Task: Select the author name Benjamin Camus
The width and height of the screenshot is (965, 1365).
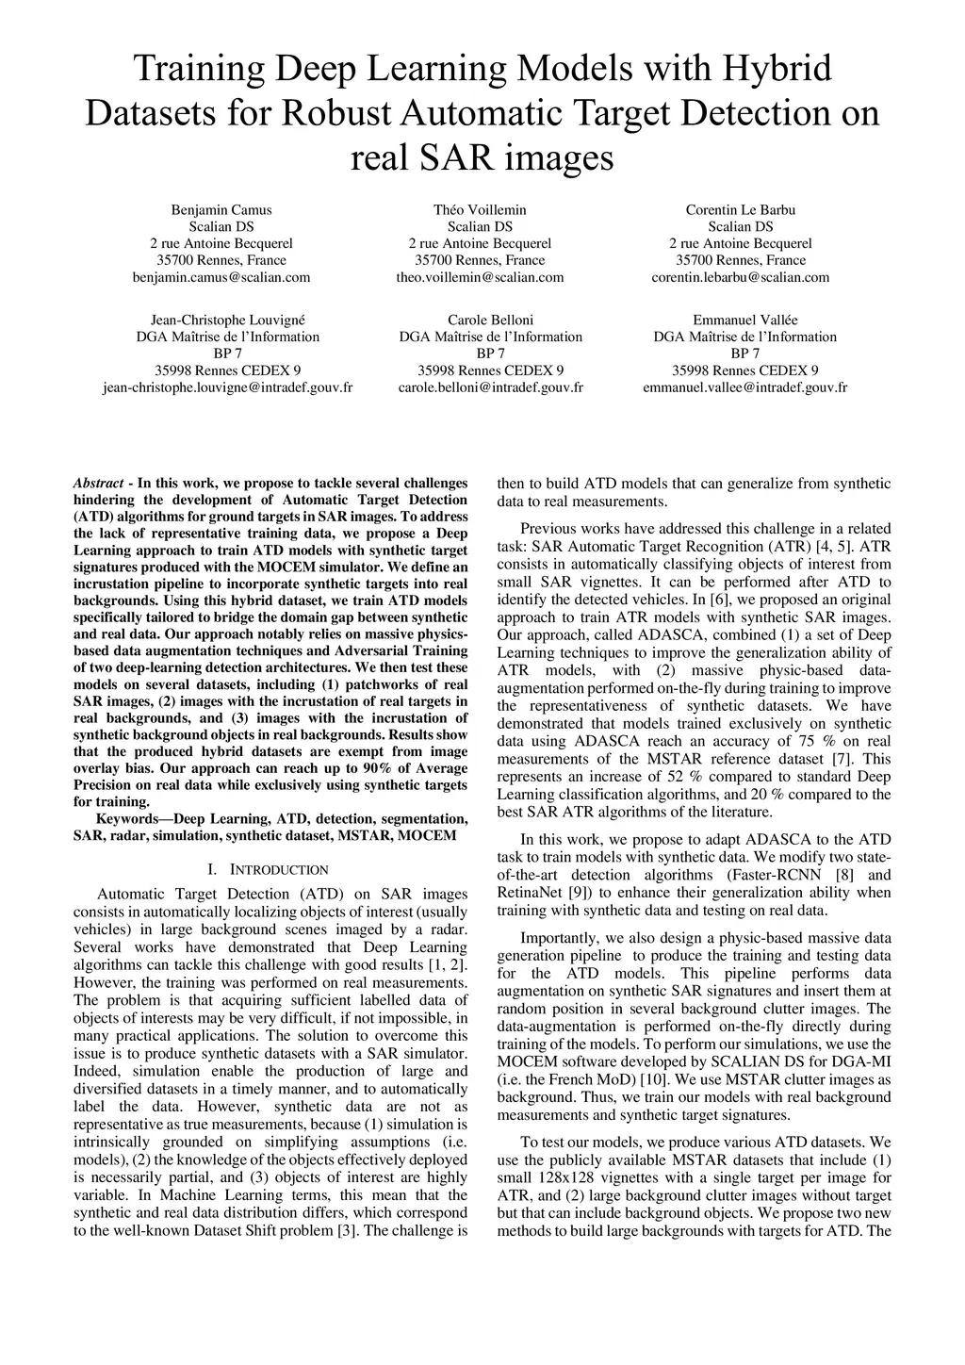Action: pyautogui.click(x=221, y=209)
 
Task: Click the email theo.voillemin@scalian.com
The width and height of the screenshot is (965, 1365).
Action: pyautogui.click(x=480, y=277)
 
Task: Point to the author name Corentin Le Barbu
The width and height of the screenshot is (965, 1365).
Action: pyautogui.click(x=741, y=209)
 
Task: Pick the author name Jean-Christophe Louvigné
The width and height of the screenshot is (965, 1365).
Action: pyautogui.click(x=228, y=320)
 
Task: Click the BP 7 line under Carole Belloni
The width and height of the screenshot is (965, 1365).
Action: pyautogui.click(x=490, y=354)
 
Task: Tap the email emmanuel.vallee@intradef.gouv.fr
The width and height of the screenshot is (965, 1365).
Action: pyautogui.click(x=744, y=387)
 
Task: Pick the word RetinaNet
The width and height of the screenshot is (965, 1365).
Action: pyautogui.click(x=531, y=892)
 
